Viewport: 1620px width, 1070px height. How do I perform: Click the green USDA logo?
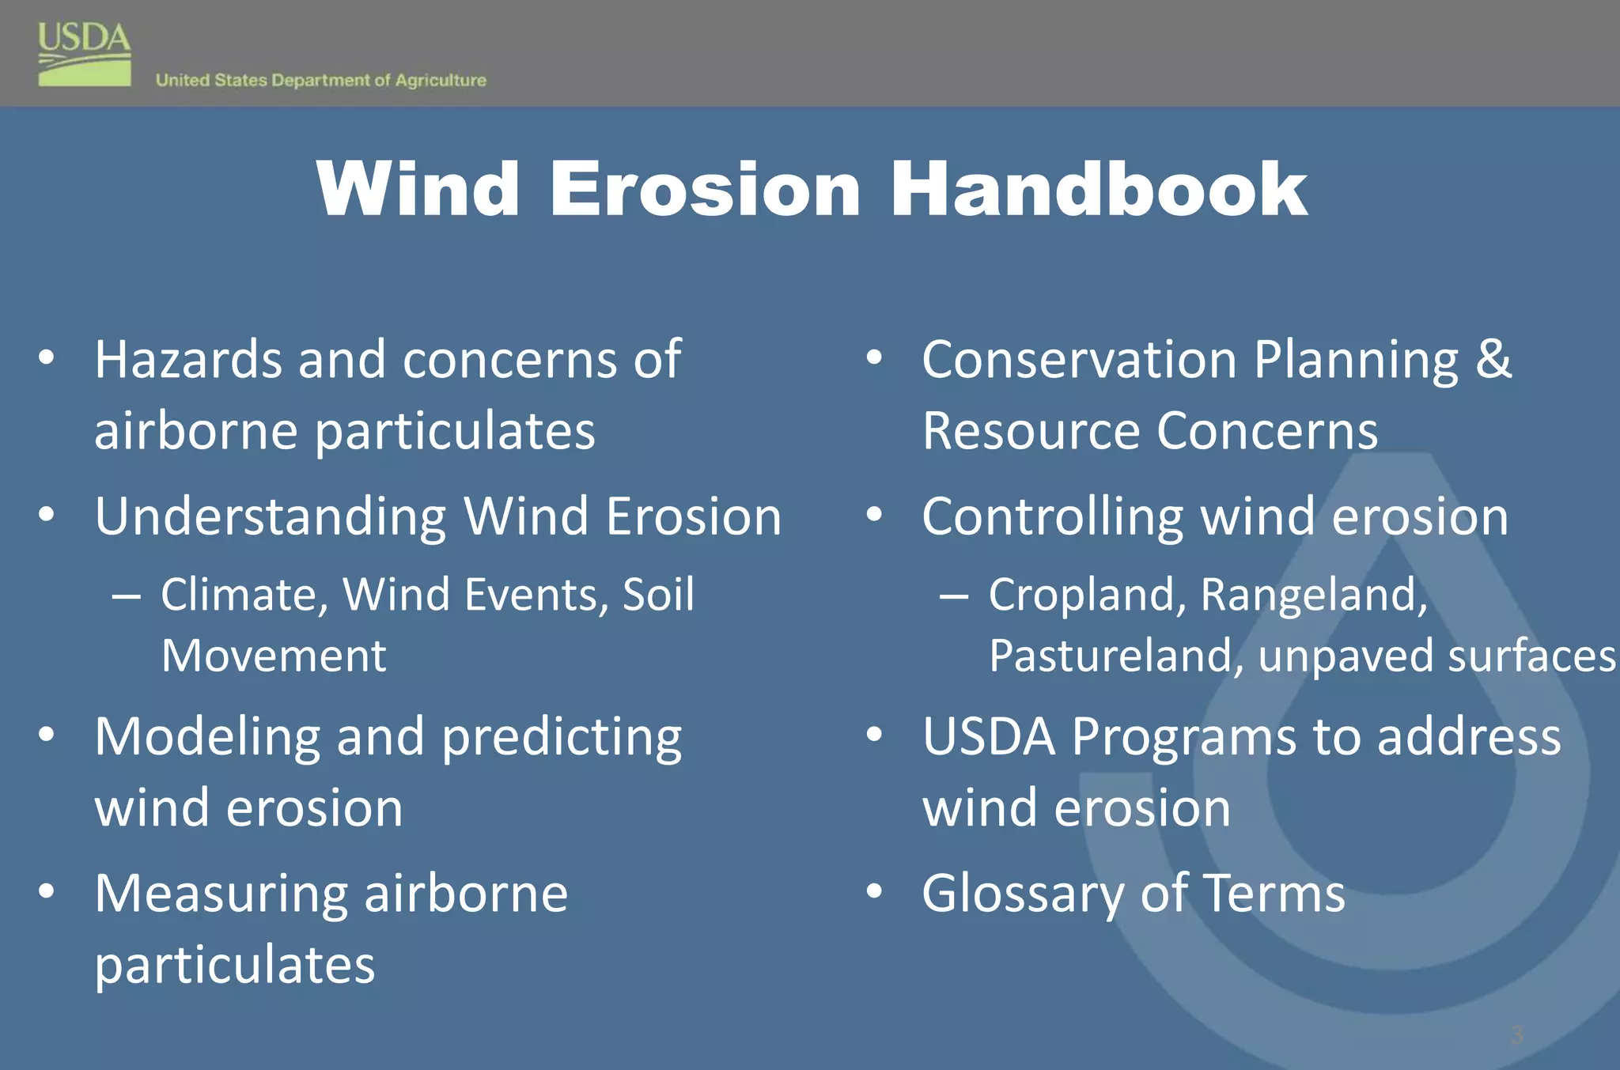pyautogui.click(x=85, y=55)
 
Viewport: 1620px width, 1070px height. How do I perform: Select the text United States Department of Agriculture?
pyautogui.click(x=320, y=80)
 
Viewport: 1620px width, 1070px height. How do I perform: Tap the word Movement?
pyautogui.click(x=274, y=656)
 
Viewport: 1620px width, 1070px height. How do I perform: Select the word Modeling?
pyautogui.click(x=207, y=737)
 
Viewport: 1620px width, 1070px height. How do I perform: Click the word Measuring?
pyautogui.click(x=221, y=894)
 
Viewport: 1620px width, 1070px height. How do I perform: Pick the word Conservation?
pyautogui.click(x=1079, y=360)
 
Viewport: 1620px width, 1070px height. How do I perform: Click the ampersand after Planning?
pyautogui.click(x=1493, y=360)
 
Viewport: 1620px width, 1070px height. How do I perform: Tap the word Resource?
pyautogui.click(x=1031, y=432)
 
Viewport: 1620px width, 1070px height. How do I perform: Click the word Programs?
pyautogui.click(x=1183, y=737)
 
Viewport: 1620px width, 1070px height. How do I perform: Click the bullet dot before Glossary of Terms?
pyautogui.click(x=873, y=891)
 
